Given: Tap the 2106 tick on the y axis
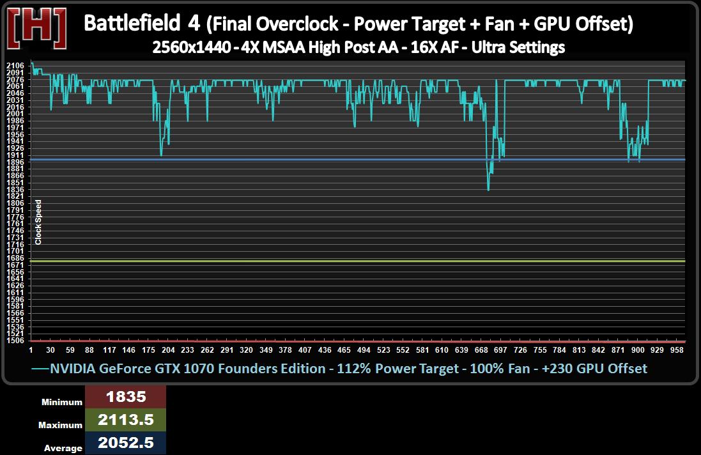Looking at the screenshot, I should tap(15, 66).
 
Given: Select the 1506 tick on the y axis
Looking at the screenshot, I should tap(15, 341).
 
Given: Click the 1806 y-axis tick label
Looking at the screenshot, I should tap(15, 203).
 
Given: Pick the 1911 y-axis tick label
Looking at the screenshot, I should tap(15, 155).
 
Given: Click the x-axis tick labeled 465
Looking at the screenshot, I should tap(344, 350).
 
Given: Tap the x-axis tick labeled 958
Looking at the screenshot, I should tap(678, 350).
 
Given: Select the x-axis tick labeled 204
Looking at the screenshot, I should tap(168, 350).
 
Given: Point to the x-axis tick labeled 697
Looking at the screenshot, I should tap(500, 350).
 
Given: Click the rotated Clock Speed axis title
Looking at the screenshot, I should tap(38, 222).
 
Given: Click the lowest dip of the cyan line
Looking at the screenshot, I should tap(488, 190).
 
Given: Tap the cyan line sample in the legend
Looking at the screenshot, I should tap(40, 369).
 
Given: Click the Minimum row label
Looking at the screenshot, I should tap(63, 403).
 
